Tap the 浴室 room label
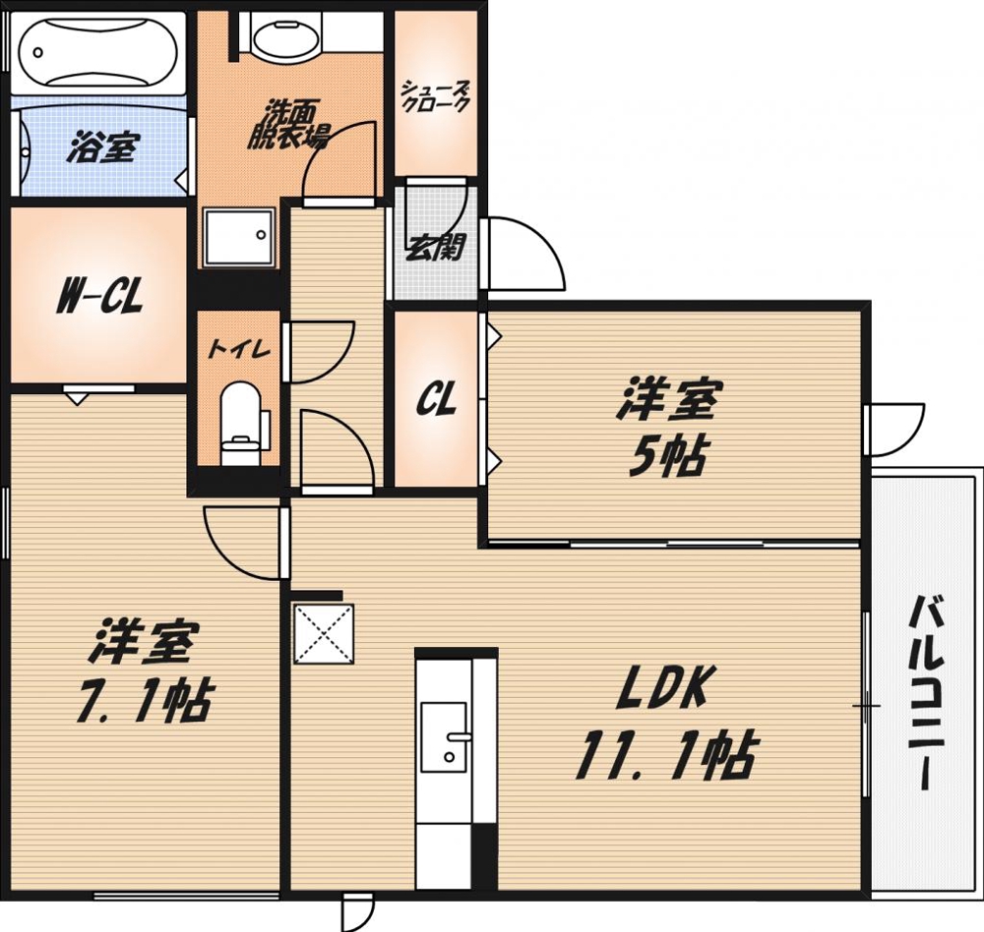pos(101,148)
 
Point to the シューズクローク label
pos(434,99)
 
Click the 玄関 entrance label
pos(435,246)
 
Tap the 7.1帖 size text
pos(144,700)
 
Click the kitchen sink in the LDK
pos(445,737)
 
